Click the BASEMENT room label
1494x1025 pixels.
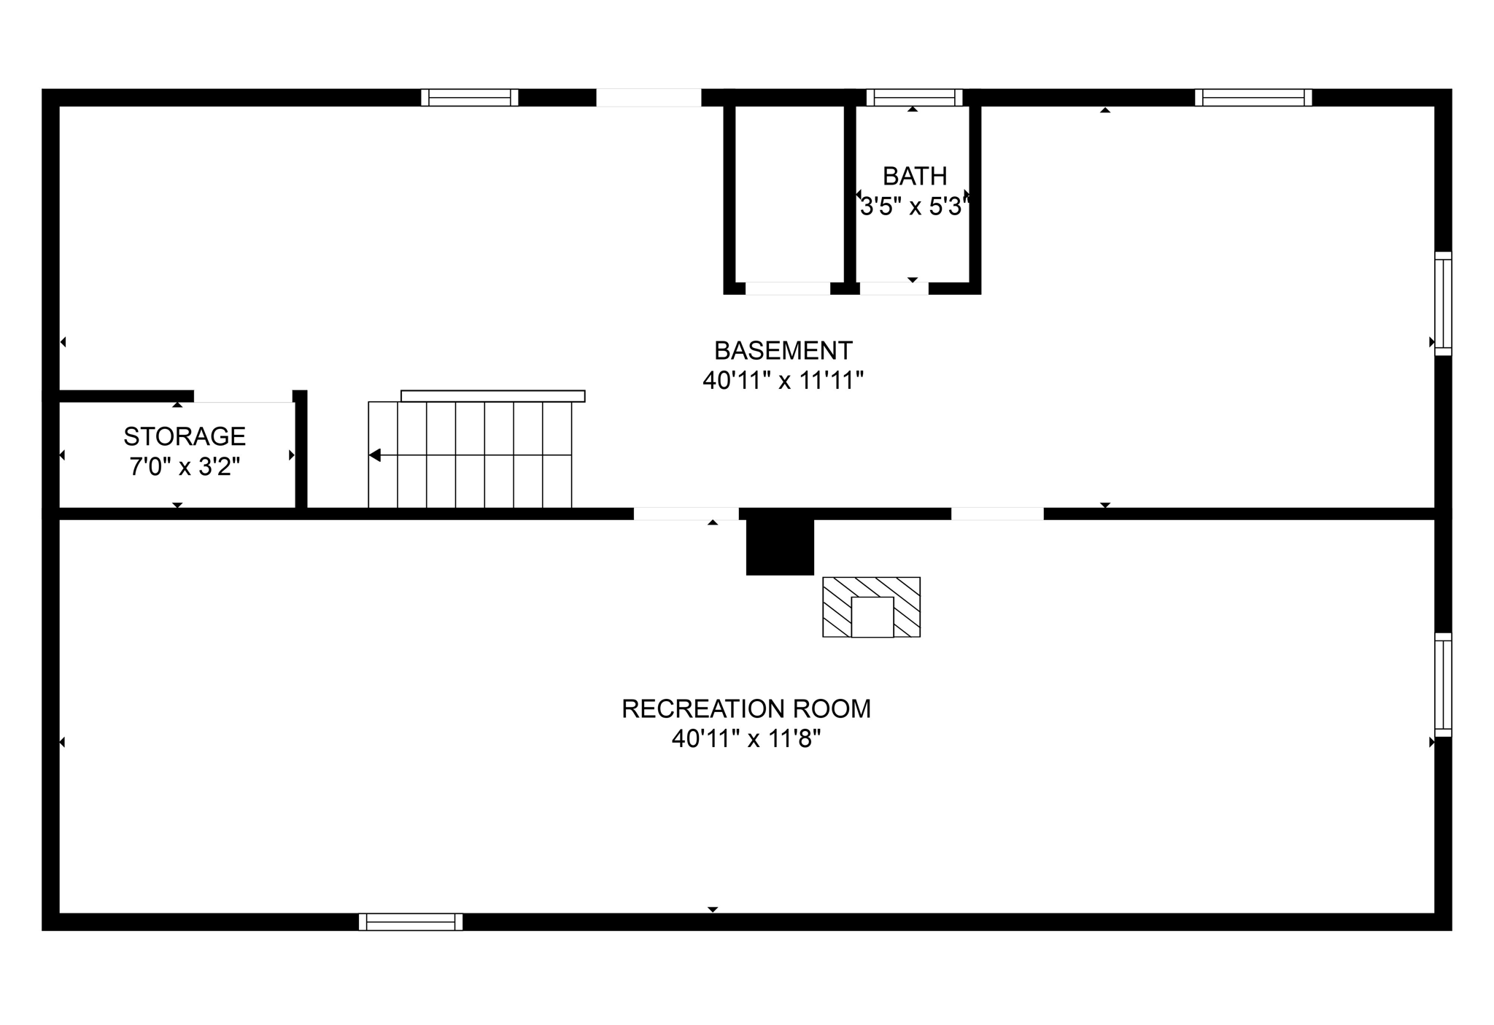click(783, 351)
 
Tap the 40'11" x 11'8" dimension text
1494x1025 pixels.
click(746, 739)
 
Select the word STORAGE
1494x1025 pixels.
click(185, 436)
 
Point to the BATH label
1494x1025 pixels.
click(915, 176)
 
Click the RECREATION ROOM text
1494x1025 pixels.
click(746, 708)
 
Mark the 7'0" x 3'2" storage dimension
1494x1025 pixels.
click(185, 466)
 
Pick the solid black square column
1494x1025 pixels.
click(779, 547)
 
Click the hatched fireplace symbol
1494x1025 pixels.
click(871, 607)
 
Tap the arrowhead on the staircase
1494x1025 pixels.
click(375, 455)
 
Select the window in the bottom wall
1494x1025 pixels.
click(411, 921)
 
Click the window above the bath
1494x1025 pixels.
click(914, 98)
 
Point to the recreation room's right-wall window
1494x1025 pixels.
click(1443, 685)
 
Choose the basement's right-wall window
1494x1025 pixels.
click(1443, 303)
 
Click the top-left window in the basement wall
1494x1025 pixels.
click(470, 98)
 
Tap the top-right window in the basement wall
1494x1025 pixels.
click(1253, 98)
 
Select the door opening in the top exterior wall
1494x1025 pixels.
click(649, 98)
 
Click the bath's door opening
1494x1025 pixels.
click(894, 288)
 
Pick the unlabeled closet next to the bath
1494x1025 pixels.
click(789, 193)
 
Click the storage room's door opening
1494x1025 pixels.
click(243, 396)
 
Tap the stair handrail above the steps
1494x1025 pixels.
click(492, 396)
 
